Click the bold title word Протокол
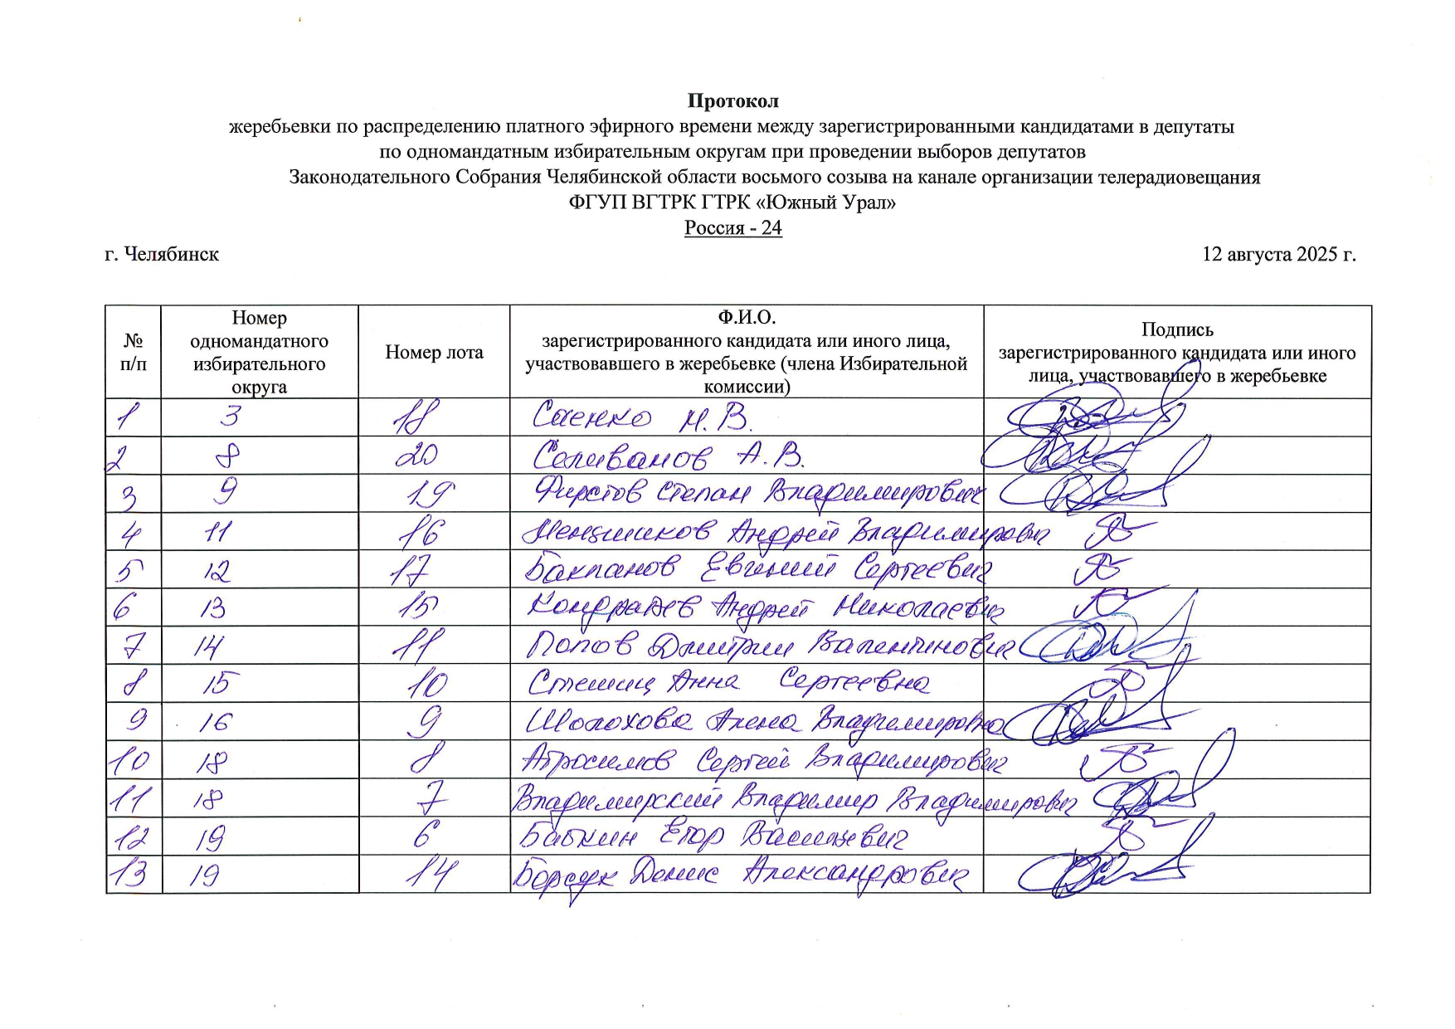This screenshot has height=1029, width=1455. coord(732,101)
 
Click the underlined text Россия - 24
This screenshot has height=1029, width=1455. coord(732,227)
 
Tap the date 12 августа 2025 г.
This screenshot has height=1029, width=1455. coord(1278,254)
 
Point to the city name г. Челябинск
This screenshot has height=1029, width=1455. coord(162,254)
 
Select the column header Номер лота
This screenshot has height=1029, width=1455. coord(434,353)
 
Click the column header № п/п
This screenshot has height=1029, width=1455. coord(133,353)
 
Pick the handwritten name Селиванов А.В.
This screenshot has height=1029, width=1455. coord(668,456)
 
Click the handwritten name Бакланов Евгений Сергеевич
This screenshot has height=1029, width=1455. coord(757,569)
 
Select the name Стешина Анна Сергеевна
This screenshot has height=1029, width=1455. coord(727,683)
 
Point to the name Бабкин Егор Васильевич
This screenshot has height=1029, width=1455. coord(712,836)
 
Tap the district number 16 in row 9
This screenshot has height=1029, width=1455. coord(214,721)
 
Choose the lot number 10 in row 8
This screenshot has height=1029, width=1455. coord(428,684)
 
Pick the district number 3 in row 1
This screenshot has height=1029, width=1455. coord(230,415)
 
